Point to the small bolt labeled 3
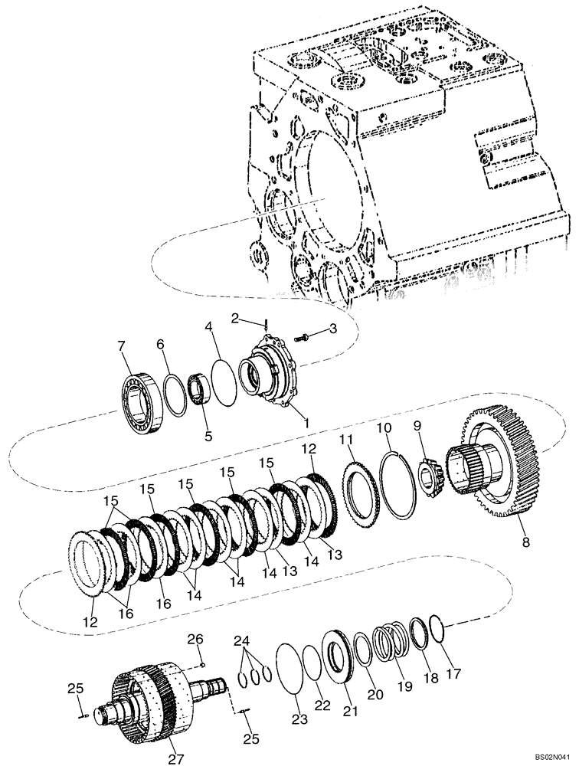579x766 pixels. pos(306,336)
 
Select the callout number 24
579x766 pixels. pos(243,640)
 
